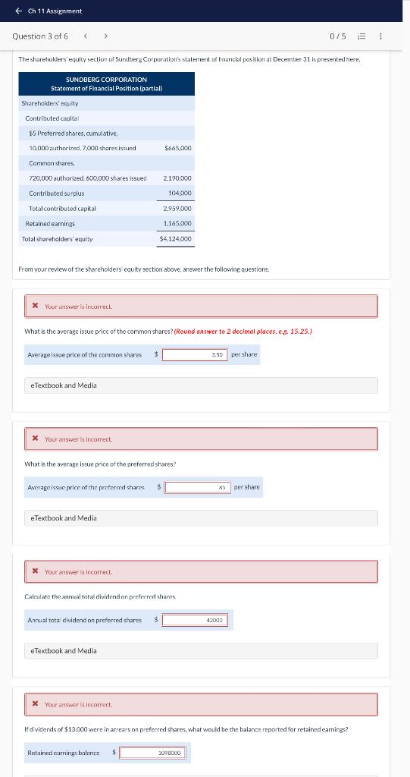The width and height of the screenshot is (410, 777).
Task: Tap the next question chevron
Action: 106,36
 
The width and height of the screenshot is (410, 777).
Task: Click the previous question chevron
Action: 85,36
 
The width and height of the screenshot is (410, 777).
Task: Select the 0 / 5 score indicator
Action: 337,36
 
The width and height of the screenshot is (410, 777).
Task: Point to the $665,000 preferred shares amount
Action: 177,148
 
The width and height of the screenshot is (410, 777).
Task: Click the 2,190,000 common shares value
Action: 177,178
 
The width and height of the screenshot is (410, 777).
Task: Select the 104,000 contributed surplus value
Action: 181,193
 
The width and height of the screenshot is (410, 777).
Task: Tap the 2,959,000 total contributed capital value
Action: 177,208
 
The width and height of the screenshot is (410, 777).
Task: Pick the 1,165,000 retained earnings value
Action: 177,224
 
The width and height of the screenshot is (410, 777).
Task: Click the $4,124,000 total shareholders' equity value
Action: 176,239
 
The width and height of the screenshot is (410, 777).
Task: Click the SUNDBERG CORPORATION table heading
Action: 106,80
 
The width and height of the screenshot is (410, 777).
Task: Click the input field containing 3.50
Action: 194,354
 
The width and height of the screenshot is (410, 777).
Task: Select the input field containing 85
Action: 197,487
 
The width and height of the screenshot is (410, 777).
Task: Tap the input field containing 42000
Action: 195,620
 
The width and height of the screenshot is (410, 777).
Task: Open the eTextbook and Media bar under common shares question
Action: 202,385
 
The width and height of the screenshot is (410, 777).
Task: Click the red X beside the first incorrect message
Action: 35,307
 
